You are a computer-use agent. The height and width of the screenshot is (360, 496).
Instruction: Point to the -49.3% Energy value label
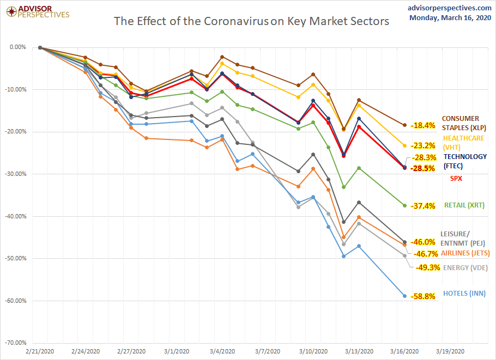tap(427, 267)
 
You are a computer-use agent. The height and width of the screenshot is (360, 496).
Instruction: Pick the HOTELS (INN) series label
tap(463, 294)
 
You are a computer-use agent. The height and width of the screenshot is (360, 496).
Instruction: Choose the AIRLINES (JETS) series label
tap(465, 253)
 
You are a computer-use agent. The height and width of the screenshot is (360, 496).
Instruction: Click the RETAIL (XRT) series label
tap(464, 205)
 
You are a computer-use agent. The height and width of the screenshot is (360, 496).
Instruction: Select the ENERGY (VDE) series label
tap(465, 267)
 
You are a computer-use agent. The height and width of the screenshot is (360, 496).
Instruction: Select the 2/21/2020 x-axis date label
tap(40, 351)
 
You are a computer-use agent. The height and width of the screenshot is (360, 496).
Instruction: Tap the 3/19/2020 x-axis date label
tap(450, 351)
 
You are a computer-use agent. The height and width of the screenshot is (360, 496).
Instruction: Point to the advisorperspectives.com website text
tap(450, 8)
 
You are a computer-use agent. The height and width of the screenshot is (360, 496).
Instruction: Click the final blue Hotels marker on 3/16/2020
tap(404, 296)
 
